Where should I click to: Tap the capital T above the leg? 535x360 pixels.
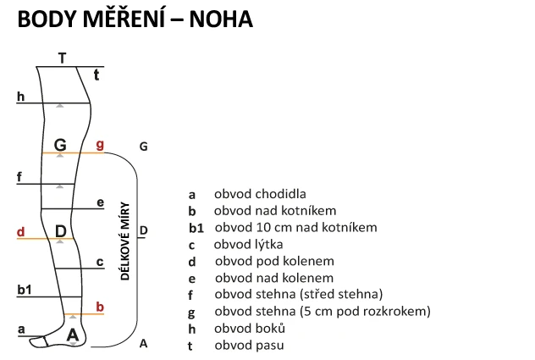pos(62,58)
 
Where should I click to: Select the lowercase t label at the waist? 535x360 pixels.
pos(97,75)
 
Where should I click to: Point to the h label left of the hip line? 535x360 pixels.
pos(20,97)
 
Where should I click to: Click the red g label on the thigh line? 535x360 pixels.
pos(100,145)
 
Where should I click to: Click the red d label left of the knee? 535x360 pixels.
pos(20,231)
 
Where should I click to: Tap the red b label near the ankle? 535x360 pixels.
pos(100,307)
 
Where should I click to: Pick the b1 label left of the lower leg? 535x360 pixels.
pos(25,290)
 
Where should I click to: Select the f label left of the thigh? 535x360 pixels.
pos(19,176)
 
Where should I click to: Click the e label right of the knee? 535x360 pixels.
pos(100,202)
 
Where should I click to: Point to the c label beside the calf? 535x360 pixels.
pos(100,263)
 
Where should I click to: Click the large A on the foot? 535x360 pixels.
pos(73,335)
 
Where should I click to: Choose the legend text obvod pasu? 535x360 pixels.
pos(249,345)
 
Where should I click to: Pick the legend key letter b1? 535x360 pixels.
pos(196,228)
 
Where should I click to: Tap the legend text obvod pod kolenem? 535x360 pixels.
pos(273,261)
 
